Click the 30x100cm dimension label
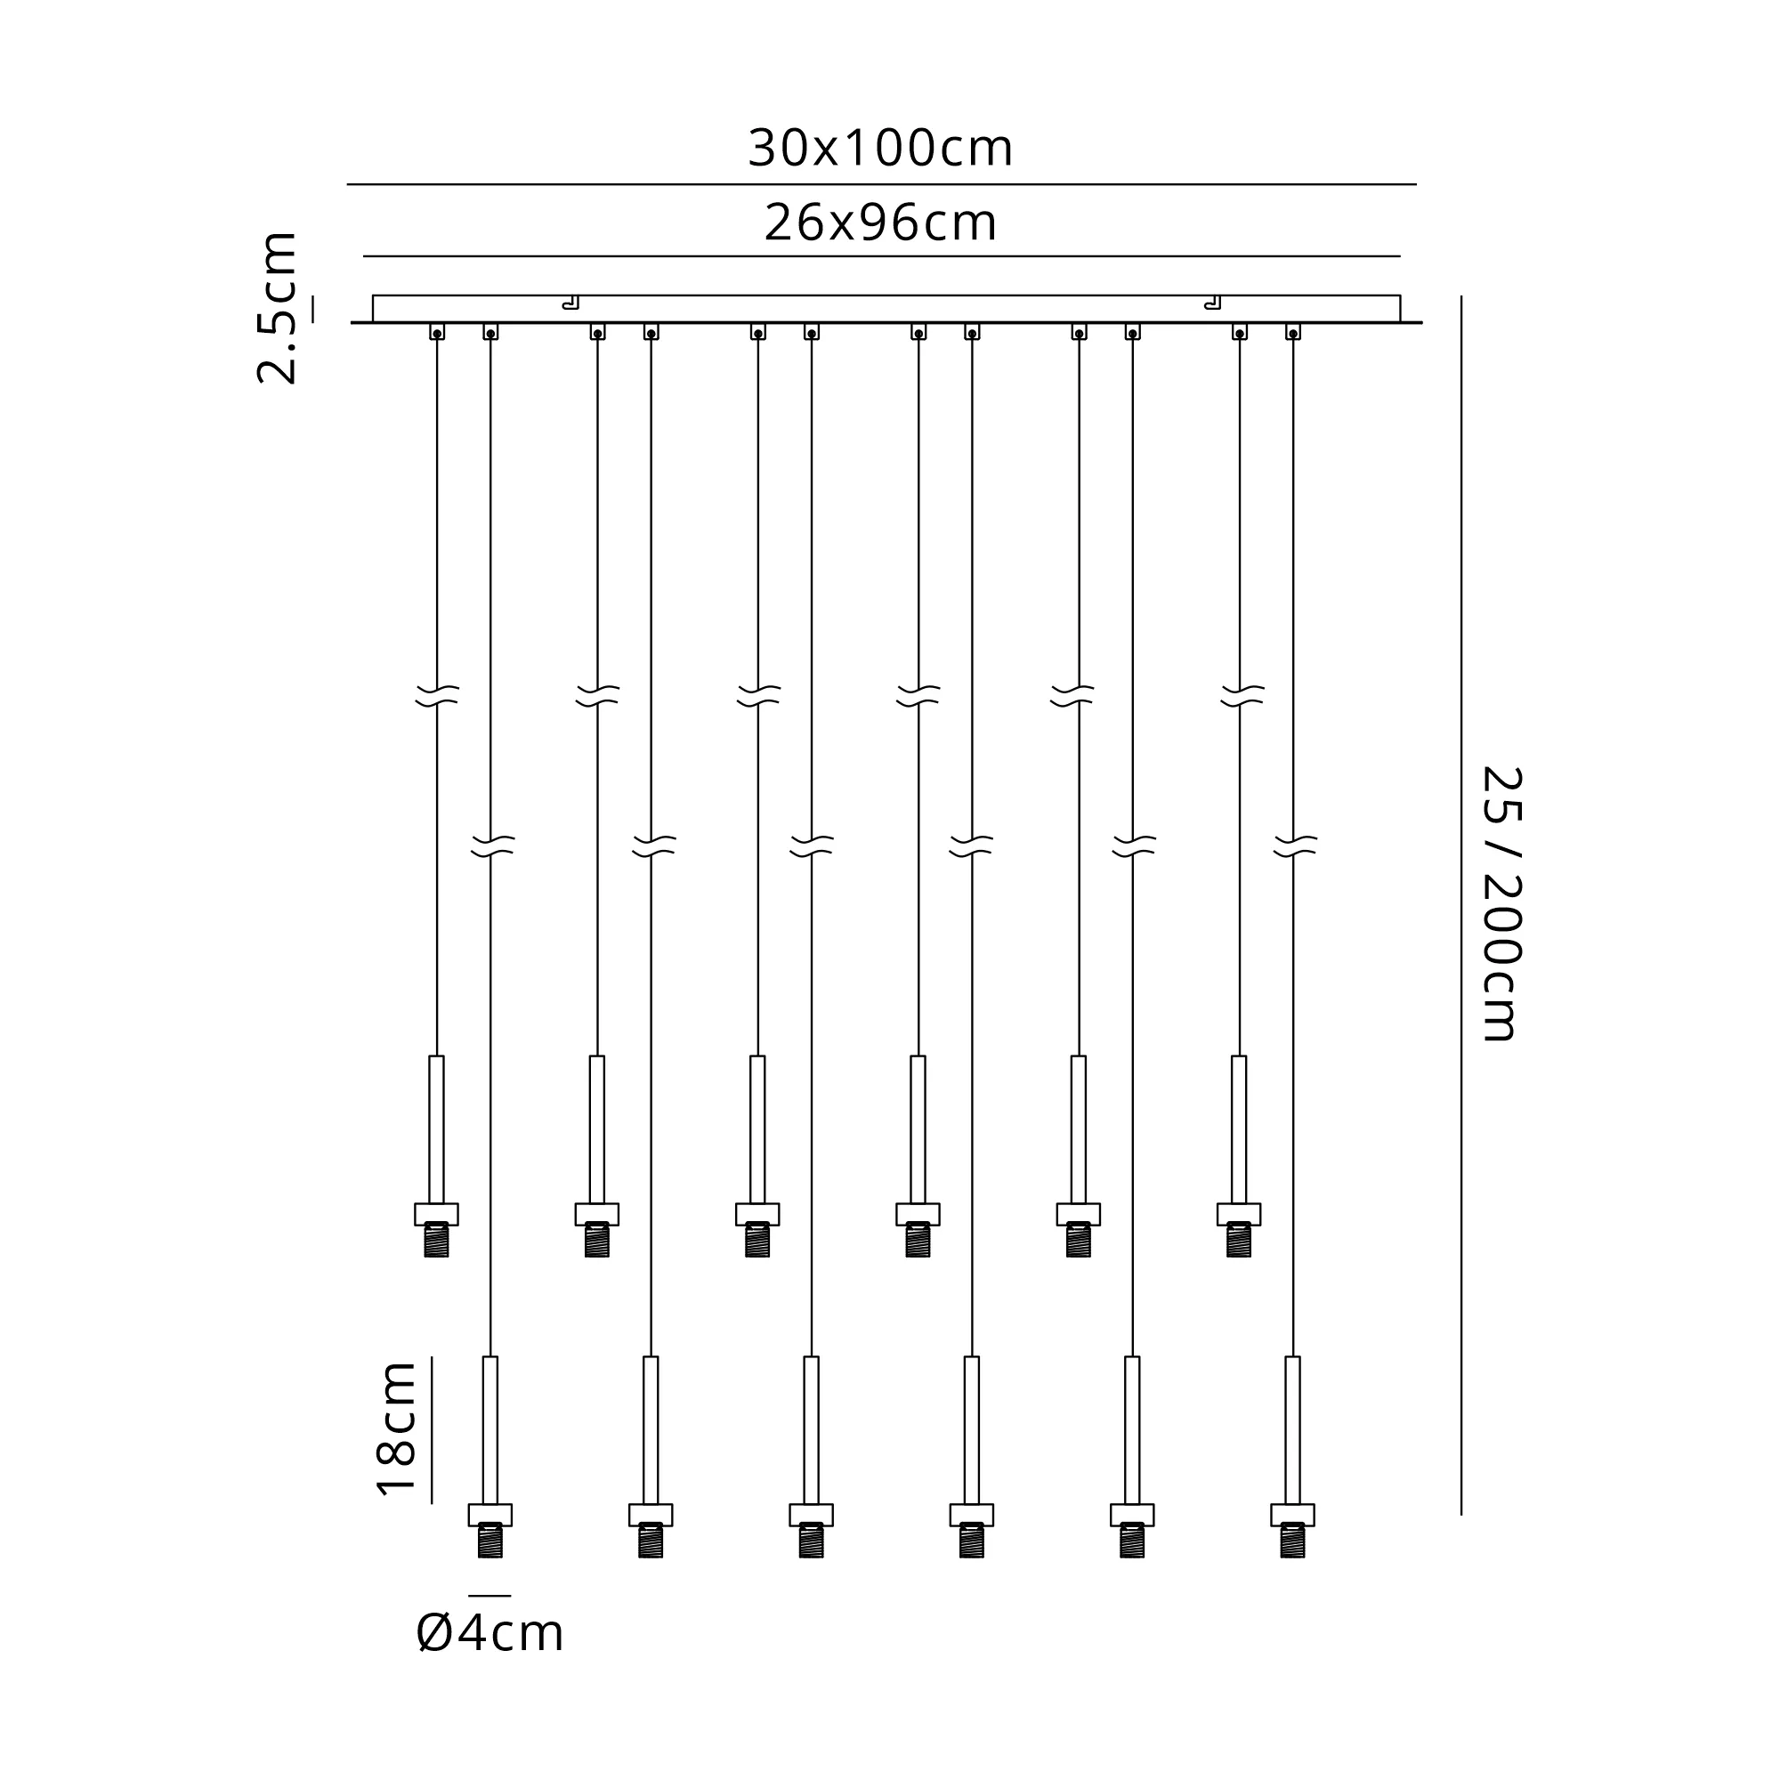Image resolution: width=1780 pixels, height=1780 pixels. pyautogui.click(x=880, y=149)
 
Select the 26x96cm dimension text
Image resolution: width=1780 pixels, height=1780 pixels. pyautogui.click(x=880, y=223)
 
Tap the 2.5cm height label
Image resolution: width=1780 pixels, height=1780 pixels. pyautogui.click(x=277, y=308)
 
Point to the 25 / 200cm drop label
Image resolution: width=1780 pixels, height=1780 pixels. pyautogui.click(x=1501, y=904)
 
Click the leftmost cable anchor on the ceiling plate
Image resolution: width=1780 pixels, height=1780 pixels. pyautogui.click(x=437, y=332)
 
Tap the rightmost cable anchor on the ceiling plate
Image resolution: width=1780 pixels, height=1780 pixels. pyautogui.click(x=1292, y=332)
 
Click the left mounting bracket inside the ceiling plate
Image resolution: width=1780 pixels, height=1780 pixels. pyautogui.click(x=571, y=303)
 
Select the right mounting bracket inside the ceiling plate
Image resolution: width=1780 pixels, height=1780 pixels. pyautogui.click(x=1213, y=303)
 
